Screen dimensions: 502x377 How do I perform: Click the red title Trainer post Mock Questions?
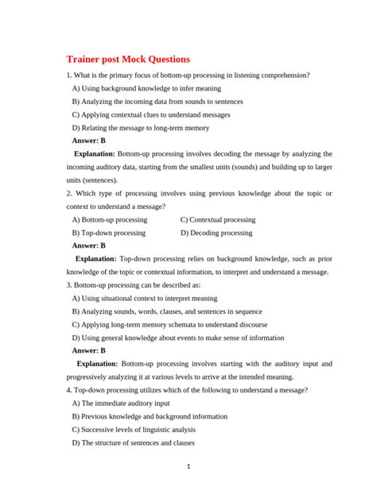pyautogui.click(x=128, y=60)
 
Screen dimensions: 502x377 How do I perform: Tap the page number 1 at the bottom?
pyautogui.click(x=188, y=466)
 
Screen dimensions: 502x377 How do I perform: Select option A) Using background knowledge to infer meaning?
pyautogui.click(x=146, y=88)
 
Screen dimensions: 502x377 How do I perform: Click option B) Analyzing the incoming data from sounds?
pyautogui.click(x=157, y=102)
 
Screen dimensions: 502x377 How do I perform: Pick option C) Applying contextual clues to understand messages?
pyautogui.click(x=151, y=114)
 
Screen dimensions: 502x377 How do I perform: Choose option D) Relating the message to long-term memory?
pyautogui.click(x=141, y=127)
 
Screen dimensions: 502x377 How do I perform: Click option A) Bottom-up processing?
pyautogui.click(x=109, y=219)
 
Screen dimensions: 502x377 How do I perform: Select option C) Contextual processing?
pyautogui.click(x=218, y=219)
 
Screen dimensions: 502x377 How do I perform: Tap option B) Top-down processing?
pyautogui.click(x=108, y=233)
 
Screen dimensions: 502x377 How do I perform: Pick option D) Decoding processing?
pyautogui.click(x=216, y=233)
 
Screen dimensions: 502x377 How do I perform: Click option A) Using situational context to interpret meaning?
pyautogui.click(x=144, y=298)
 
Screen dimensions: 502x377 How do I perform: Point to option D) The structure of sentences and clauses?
pyautogui.click(x=133, y=442)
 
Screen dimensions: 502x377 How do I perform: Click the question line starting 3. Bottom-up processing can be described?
pyautogui.click(x=134, y=284)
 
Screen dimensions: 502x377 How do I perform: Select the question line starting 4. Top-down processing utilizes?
pyautogui.click(x=187, y=390)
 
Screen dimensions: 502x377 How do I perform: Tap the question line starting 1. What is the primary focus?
pyautogui.click(x=188, y=75)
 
